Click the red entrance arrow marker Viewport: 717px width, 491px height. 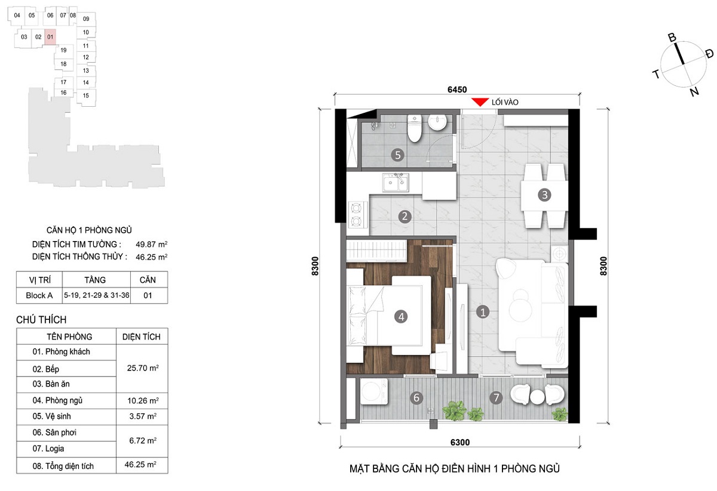(479, 102)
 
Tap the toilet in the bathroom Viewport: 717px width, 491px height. (414, 128)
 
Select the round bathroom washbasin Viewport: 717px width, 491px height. (437, 122)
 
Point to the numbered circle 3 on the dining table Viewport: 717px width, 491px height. (544, 194)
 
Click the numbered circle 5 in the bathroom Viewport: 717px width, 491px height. (397, 155)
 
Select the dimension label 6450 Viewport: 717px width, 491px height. (457, 89)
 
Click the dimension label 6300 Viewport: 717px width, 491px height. (460, 443)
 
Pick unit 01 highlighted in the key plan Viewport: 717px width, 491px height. (50, 37)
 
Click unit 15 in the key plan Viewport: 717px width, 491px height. (86, 95)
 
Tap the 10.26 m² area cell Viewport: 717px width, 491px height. (143, 400)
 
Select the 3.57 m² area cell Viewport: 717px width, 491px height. (143, 416)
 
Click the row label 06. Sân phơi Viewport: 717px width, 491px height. (54, 433)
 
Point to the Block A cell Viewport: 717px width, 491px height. (39, 295)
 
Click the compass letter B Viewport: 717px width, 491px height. (672, 38)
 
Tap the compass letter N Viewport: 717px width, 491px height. (694, 92)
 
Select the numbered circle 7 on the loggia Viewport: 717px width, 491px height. (496, 398)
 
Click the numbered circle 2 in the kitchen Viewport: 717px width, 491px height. (405, 217)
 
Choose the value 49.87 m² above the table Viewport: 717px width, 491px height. (151, 244)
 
